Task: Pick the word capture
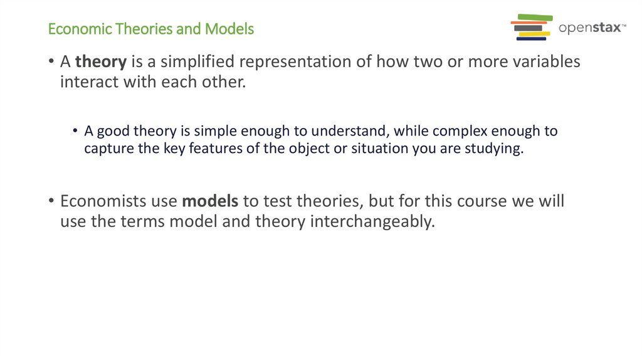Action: click(105, 150)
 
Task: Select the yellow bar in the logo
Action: click(534, 33)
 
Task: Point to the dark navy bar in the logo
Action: click(531, 39)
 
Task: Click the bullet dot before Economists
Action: click(51, 202)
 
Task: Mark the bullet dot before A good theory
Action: click(75, 132)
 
